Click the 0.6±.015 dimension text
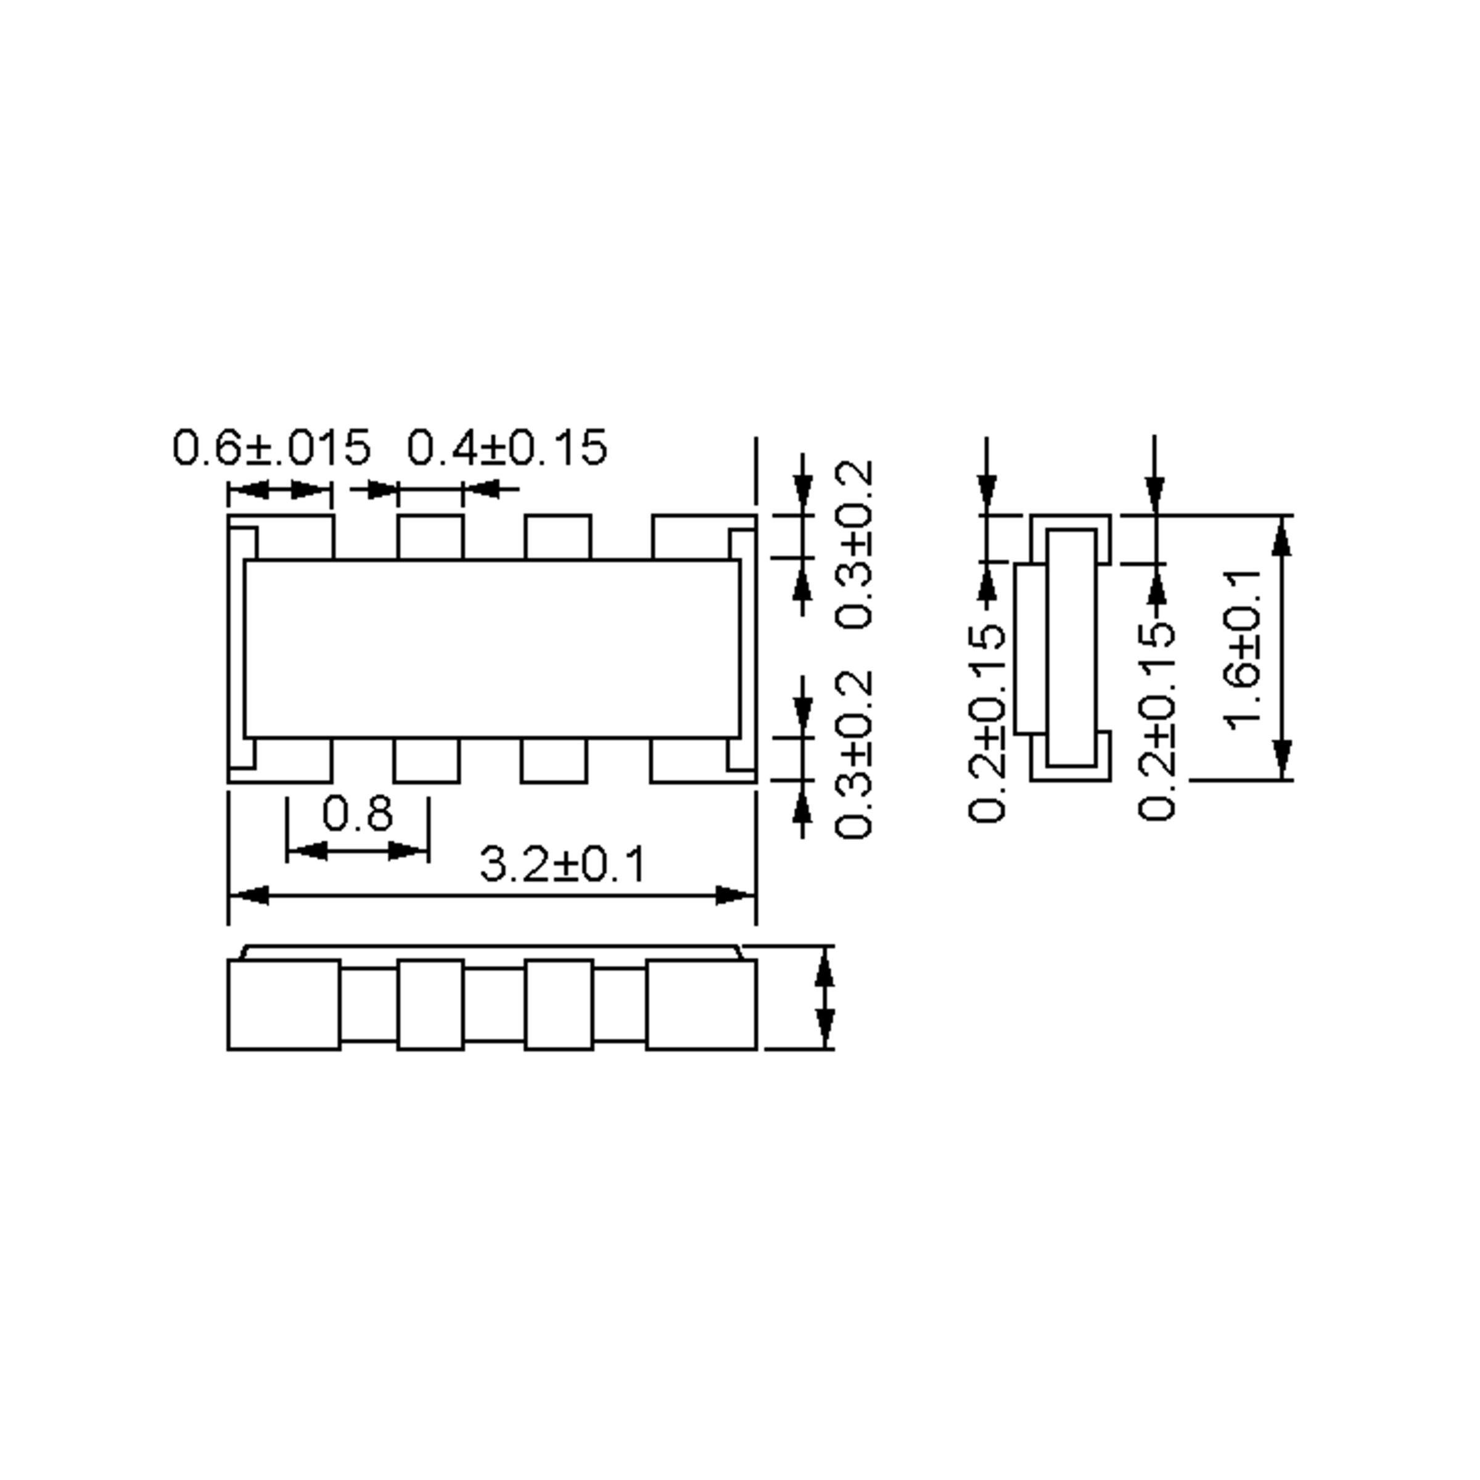click(271, 448)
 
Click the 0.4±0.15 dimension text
click(506, 448)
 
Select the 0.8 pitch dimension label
click(357, 813)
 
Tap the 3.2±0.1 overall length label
click(563, 865)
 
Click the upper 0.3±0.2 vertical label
click(853, 545)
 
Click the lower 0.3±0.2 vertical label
click(853, 755)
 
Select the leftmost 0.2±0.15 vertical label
click(987, 725)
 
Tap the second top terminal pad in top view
click(430, 538)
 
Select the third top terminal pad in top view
click(557, 538)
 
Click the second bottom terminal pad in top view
click(427, 760)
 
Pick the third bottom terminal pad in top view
click(554, 760)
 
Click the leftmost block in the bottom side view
click(284, 1005)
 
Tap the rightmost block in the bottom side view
click(701, 1005)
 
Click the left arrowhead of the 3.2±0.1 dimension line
click(249, 895)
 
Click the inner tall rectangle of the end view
click(1071, 647)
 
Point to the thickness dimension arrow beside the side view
click(824, 997)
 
